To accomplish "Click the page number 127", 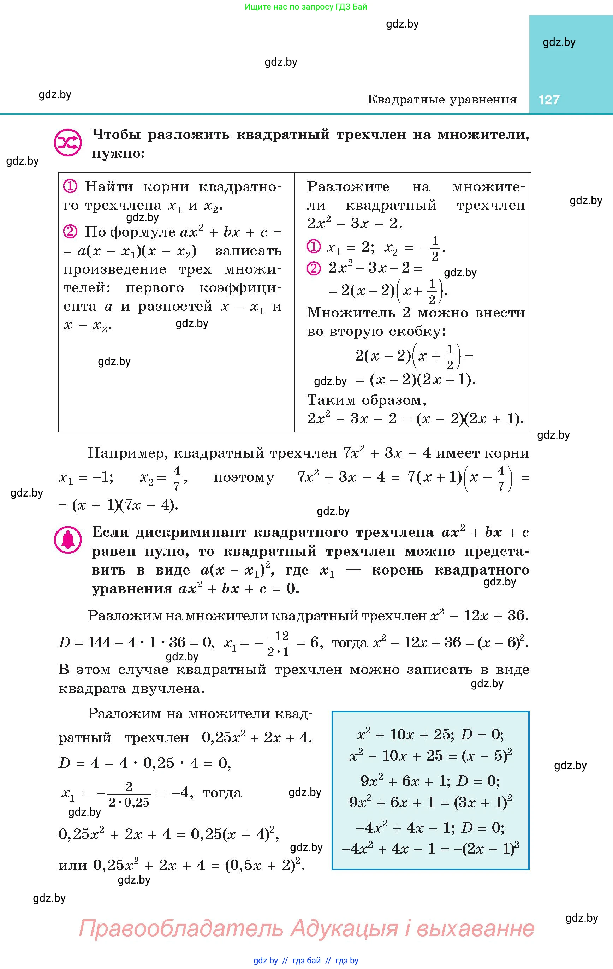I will [549, 99].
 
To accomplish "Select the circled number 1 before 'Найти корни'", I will [70, 186].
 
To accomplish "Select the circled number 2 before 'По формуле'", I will [70, 231].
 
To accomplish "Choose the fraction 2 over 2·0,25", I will [129, 793].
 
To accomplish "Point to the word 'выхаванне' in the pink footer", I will [475, 928].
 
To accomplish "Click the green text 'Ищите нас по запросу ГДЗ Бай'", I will [306, 7].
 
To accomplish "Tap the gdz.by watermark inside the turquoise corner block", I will [559, 42].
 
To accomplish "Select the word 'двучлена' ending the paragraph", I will [168, 689].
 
